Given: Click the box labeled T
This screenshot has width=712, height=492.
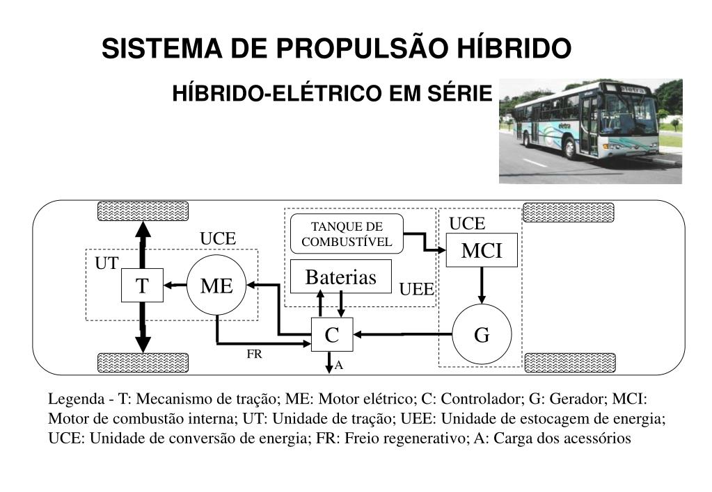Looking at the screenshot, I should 142,285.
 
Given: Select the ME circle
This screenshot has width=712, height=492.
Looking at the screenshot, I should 216,285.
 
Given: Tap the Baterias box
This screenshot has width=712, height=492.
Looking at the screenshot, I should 340,277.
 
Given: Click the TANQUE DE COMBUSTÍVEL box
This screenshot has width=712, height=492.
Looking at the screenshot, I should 347,234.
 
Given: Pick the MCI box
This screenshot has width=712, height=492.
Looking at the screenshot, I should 482,251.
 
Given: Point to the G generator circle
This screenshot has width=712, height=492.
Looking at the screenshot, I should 482,335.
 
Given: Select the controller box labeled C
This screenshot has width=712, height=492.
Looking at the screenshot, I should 332,335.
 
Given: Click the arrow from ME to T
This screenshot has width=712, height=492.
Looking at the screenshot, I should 175,284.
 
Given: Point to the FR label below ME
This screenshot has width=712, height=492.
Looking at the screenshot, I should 254,354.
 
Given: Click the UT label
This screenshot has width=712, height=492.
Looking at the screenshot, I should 106,263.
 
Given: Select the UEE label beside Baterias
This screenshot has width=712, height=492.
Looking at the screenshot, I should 416,289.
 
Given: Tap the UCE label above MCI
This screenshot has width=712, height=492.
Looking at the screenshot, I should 466,223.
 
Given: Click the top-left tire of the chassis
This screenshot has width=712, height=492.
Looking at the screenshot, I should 143,211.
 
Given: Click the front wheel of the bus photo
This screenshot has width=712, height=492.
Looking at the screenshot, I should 571,148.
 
